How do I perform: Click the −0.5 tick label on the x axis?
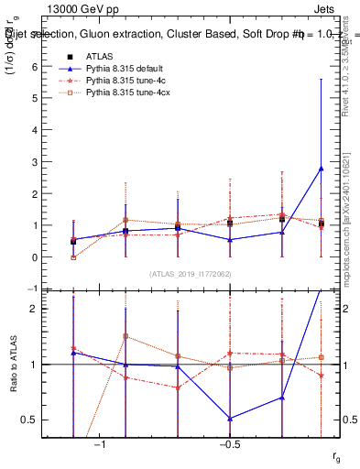click(x=228, y=444)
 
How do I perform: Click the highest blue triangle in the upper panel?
click(x=321, y=169)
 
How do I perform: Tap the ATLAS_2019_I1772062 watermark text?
click(x=191, y=274)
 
